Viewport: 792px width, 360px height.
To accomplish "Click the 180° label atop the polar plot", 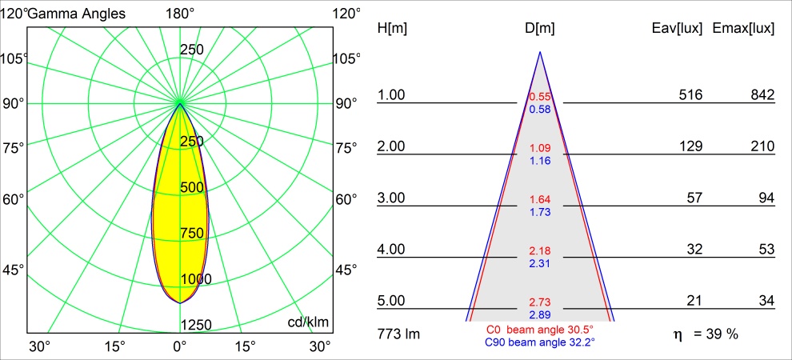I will (180, 14).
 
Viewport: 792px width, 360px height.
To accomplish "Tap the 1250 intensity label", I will (196, 324).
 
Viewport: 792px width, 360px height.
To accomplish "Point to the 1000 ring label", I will (196, 278).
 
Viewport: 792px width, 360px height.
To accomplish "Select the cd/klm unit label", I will (309, 322).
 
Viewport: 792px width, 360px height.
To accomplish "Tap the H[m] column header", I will (392, 28).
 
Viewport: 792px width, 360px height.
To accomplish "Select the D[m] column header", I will (540, 28).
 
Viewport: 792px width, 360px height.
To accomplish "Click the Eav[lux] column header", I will (677, 28).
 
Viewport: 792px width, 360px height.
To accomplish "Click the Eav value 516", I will (690, 95).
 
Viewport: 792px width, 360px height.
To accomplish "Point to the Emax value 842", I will (762, 95).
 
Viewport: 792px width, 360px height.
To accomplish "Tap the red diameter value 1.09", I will (540, 149).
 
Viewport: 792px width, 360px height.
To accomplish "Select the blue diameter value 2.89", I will (540, 314).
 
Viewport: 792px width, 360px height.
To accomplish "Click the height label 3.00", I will (392, 198).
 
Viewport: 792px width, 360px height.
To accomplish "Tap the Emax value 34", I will (766, 301).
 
